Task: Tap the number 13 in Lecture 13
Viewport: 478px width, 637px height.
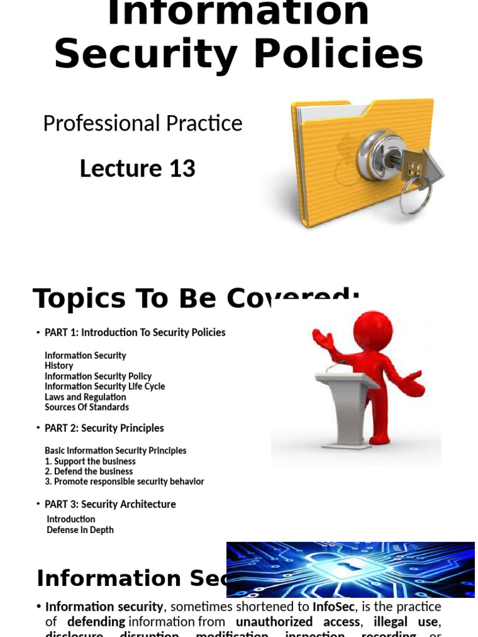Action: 181,169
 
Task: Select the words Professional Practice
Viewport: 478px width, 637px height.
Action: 143,123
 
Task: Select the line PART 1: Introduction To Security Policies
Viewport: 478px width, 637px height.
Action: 135,333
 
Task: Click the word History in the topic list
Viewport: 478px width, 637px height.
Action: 59,366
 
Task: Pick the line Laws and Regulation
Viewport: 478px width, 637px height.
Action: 85,397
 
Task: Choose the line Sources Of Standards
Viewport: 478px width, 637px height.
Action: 87,407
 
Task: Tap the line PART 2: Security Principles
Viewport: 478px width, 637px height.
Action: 104,428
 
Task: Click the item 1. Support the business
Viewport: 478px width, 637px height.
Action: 90,461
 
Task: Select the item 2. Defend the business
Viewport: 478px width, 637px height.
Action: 88,472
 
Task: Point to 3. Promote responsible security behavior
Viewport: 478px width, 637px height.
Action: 124,481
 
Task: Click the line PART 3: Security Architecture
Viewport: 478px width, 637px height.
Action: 110,504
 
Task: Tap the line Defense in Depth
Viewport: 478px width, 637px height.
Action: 80,530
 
